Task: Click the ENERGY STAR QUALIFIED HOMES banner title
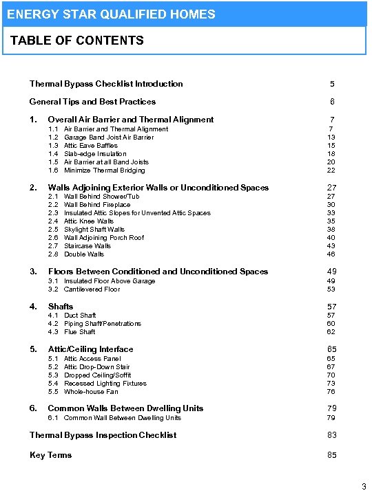click(111, 14)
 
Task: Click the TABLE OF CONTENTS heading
click(77, 41)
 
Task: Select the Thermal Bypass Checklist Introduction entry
click(106, 84)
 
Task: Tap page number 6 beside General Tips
click(332, 102)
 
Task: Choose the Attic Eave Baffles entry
click(90, 146)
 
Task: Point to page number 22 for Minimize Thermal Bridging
click(331, 170)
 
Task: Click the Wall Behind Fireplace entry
click(97, 205)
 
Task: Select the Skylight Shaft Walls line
click(94, 230)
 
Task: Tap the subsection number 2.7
click(53, 246)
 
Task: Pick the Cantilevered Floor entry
click(92, 289)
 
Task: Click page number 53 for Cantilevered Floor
click(331, 289)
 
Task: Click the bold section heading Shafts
click(61, 307)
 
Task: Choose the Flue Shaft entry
click(79, 332)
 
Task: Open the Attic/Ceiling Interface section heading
click(90, 349)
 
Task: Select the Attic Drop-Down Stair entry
click(96, 367)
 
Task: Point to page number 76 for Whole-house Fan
click(331, 392)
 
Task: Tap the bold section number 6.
click(33, 408)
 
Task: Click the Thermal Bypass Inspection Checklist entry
click(103, 435)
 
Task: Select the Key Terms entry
click(50, 455)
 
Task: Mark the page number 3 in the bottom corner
click(364, 487)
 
